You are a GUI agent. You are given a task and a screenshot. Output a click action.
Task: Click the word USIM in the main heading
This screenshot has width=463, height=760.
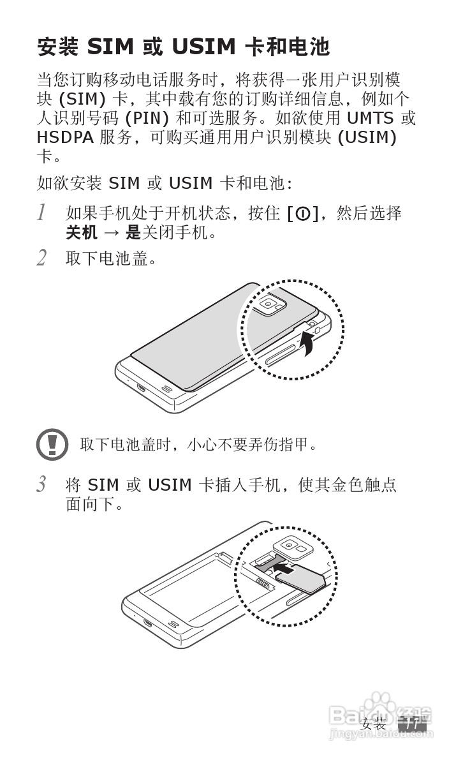tap(204, 47)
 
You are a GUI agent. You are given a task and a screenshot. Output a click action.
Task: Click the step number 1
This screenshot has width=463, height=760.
tap(41, 213)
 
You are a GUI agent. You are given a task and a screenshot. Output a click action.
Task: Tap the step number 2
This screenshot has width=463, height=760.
tap(41, 258)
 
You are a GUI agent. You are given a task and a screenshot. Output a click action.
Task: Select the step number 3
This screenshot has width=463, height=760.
tap(41, 484)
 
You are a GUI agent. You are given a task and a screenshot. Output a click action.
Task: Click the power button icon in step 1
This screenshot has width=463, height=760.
tap(302, 213)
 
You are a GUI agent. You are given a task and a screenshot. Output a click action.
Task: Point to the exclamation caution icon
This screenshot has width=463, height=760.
tap(52, 444)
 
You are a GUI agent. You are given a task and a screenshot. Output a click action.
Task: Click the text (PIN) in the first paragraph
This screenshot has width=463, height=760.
tap(148, 118)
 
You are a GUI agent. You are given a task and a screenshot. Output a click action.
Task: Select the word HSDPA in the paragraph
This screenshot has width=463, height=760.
tap(65, 137)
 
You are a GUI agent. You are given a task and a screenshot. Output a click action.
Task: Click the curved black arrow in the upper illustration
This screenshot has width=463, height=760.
tap(307, 345)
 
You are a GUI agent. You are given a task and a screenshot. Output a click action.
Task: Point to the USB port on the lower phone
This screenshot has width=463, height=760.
tap(148, 622)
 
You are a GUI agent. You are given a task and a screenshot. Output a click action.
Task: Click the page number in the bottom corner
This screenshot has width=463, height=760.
tap(412, 724)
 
